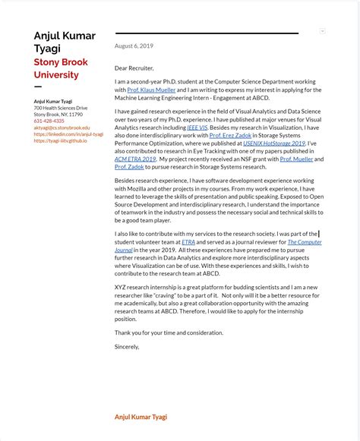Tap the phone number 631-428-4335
pos(49,121)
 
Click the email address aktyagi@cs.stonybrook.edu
pos(62,128)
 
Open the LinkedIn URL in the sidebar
pos(68,134)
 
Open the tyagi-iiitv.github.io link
pos(60,140)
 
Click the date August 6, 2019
pos(134,46)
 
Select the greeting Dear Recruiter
pos(134,68)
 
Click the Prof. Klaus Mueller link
pos(151,90)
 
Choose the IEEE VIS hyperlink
pos(197,128)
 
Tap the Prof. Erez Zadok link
pos(230,135)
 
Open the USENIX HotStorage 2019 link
pos(273,143)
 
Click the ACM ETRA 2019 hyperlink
pos(135,159)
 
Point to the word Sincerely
pos(127,346)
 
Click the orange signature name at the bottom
pos(141,417)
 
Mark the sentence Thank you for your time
pos(169,332)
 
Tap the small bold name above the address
pos(53,101)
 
